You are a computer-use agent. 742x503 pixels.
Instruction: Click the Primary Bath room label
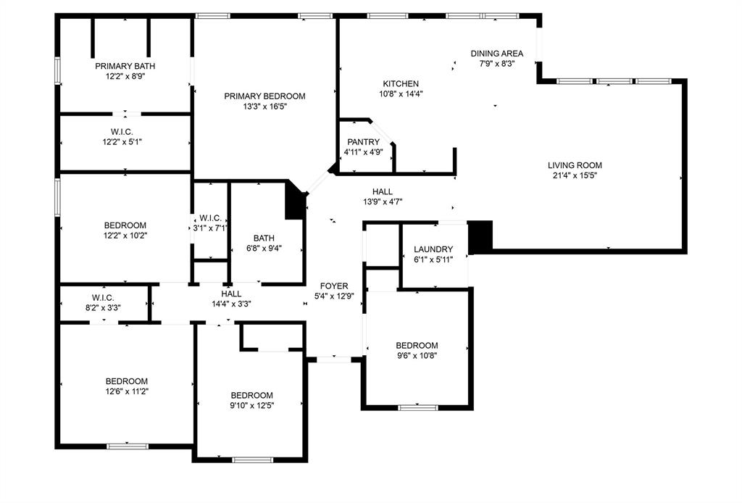click(x=125, y=66)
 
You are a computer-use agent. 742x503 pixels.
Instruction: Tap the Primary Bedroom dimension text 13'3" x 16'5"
click(x=264, y=106)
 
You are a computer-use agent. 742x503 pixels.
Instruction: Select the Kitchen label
click(x=401, y=84)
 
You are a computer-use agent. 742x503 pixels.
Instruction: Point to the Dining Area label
click(x=496, y=54)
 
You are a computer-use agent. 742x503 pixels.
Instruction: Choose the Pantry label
click(x=363, y=142)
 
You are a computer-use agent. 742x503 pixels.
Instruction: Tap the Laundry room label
click(x=433, y=249)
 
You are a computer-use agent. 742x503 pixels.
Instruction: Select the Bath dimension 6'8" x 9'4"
click(x=264, y=248)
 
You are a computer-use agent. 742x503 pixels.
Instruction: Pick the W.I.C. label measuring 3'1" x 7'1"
click(x=210, y=218)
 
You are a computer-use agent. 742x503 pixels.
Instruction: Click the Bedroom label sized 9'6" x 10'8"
click(x=417, y=346)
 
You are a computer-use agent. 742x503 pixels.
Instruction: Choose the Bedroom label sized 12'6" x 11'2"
click(x=127, y=381)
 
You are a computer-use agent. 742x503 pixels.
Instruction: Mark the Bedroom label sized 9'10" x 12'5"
click(x=252, y=395)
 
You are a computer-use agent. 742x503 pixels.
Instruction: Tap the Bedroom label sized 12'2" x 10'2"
click(x=125, y=225)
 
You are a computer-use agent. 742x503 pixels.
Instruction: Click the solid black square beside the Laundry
click(x=480, y=236)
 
